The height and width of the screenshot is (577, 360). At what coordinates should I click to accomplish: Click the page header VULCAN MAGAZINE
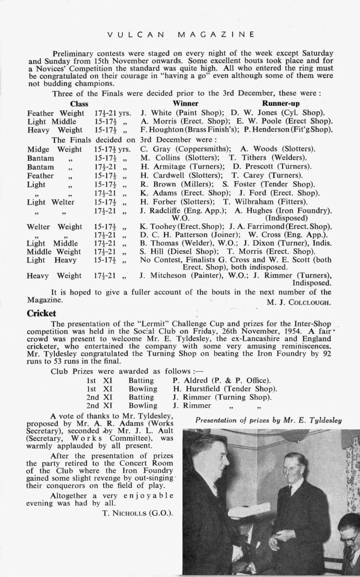[180, 34]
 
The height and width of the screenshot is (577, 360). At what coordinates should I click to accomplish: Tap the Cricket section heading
[41, 313]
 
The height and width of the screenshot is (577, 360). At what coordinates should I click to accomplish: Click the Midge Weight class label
[55, 149]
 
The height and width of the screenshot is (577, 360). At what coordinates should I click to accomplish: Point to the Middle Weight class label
[54, 252]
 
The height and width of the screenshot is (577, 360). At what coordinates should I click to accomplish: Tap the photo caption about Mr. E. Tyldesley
[269, 420]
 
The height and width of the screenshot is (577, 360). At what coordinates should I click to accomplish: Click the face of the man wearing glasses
[349, 535]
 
